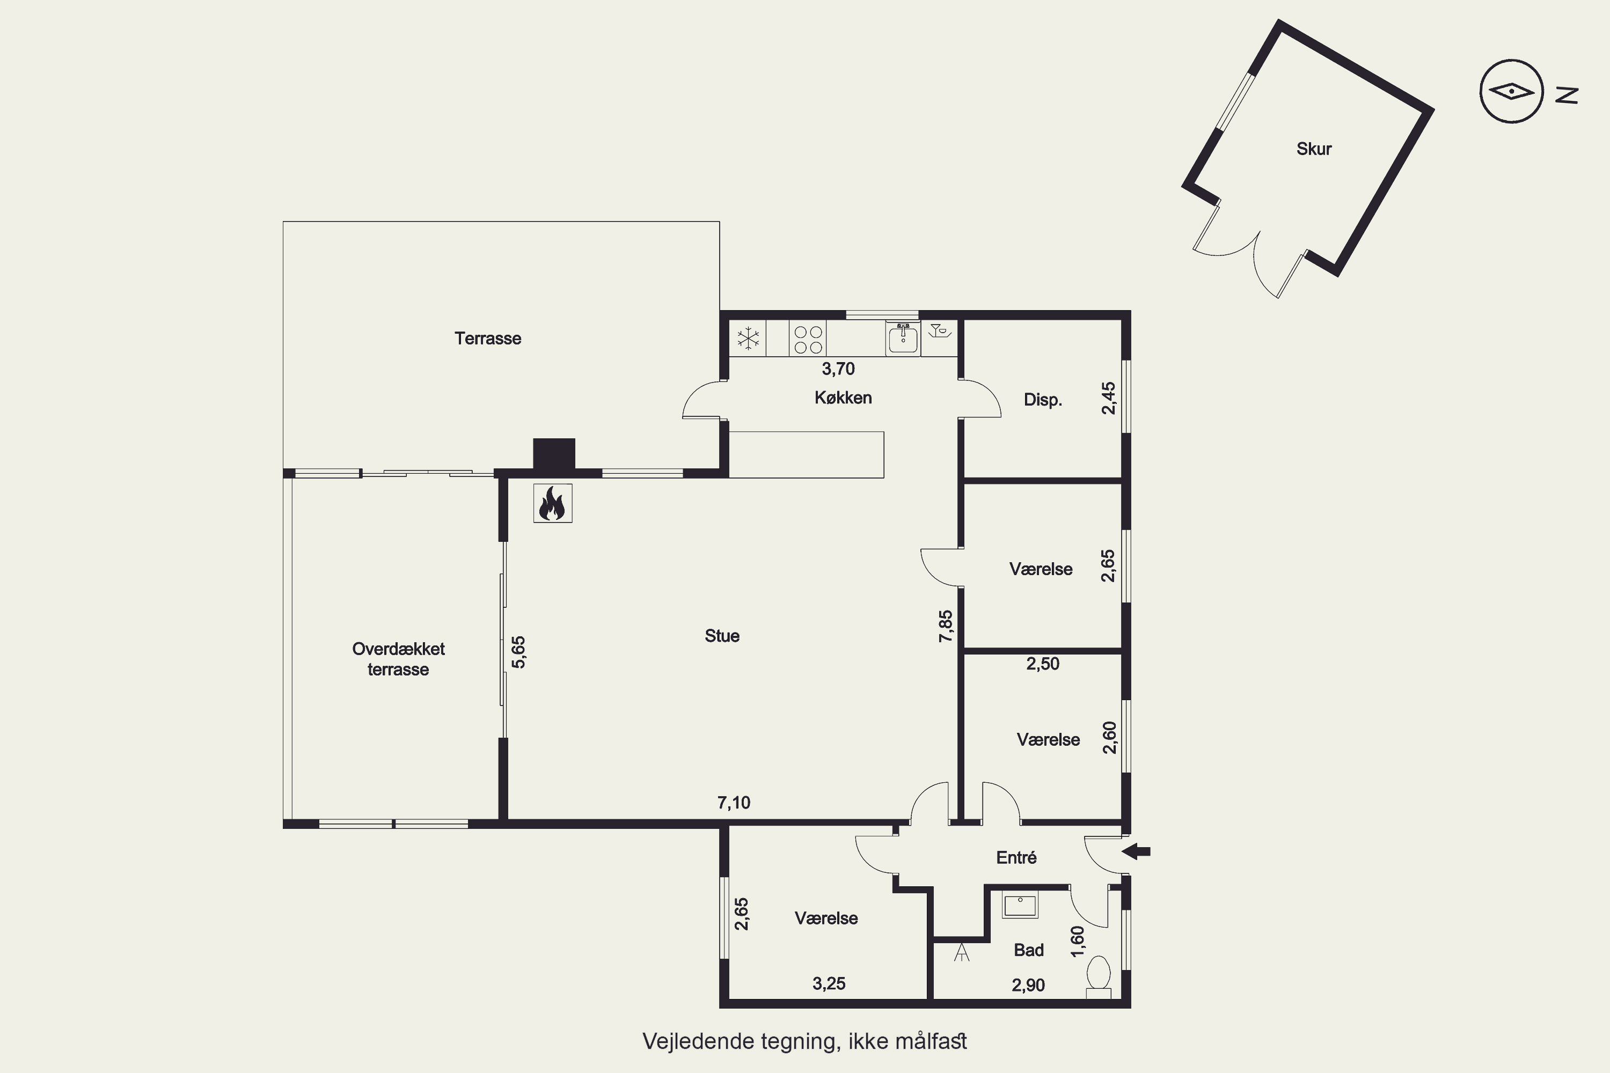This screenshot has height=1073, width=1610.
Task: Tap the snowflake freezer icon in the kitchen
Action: (x=748, y=338)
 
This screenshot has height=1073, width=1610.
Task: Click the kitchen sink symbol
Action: (x=903, y=338)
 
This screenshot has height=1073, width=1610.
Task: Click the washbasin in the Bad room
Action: (x=1020, y=905)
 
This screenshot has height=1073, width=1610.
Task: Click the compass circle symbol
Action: (x=1511, y=91)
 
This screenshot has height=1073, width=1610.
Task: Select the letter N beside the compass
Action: (x=1567, y=95)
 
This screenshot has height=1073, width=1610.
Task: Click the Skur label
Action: (x=1314, y=149)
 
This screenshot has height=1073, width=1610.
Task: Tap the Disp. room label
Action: (x=1043, y=400)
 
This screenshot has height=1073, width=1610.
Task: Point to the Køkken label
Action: (x=843, y=398)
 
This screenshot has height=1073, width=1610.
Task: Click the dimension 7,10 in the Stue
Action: (x=734, y=803)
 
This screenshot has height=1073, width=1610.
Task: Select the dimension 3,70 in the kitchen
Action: (x=838, y=369)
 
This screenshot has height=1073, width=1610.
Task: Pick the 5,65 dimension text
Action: (x=518, y=652)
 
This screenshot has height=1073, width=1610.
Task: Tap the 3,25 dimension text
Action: (x=829, y=984)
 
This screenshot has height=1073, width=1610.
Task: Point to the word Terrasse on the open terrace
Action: (x=487, y=338)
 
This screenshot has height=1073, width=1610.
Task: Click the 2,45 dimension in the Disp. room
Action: (x=1108, y=398)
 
